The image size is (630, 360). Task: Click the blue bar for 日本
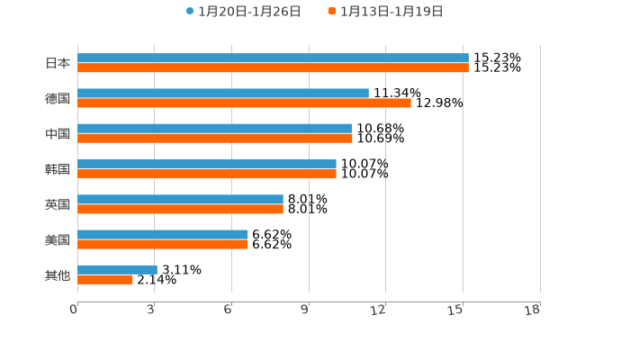(273, 58)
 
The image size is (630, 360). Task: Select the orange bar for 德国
(244, 103)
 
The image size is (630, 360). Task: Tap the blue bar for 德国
(223, 94)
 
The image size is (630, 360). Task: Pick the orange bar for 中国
(215, 139)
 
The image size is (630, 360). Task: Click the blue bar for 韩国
(207, 165)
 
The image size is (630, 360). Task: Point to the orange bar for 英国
(180, 209)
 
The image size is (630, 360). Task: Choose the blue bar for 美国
(163, 235)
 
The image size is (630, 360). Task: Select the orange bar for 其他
(105, 280)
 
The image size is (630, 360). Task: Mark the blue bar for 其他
(117, 270)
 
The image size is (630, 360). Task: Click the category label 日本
(58, 63)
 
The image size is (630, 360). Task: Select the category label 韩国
(58, 169)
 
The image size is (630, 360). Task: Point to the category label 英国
(58, 204)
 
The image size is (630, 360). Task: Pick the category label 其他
(58, 274)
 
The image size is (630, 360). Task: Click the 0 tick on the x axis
(75, 310)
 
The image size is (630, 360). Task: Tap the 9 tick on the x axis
(306, 310)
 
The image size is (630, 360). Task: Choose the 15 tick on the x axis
(456, 310)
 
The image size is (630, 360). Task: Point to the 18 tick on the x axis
(533, 310)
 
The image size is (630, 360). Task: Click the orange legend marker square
(332, 12)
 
